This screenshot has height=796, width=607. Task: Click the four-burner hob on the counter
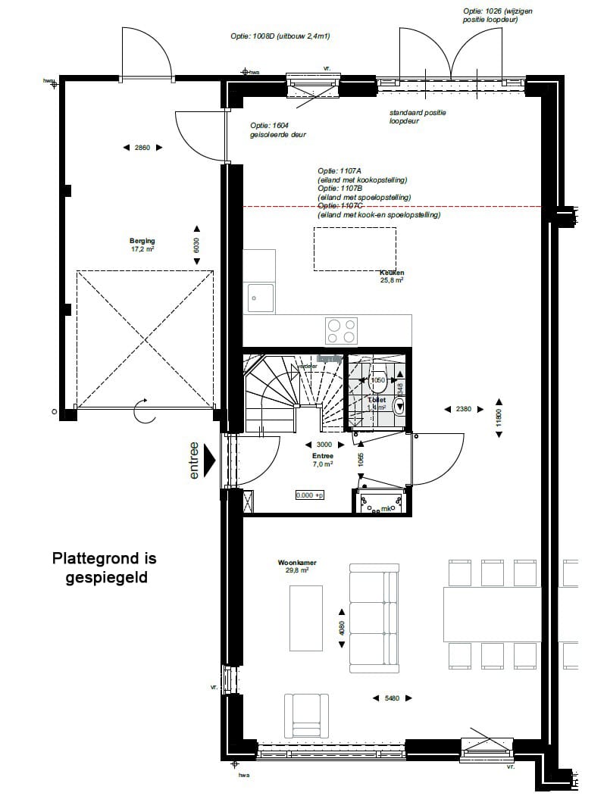click(341, 331)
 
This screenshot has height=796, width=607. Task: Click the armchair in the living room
click(305, 715)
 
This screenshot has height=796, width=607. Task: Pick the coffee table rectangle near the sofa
click(305, 617)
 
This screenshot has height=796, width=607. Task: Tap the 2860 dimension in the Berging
click(142, 148)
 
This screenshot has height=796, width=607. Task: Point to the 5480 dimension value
click(392, 698)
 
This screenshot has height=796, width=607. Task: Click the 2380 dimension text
click(464, 409)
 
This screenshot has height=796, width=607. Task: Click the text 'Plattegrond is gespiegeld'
click(105, 568)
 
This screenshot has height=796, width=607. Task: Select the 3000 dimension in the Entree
click(323, 445)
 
